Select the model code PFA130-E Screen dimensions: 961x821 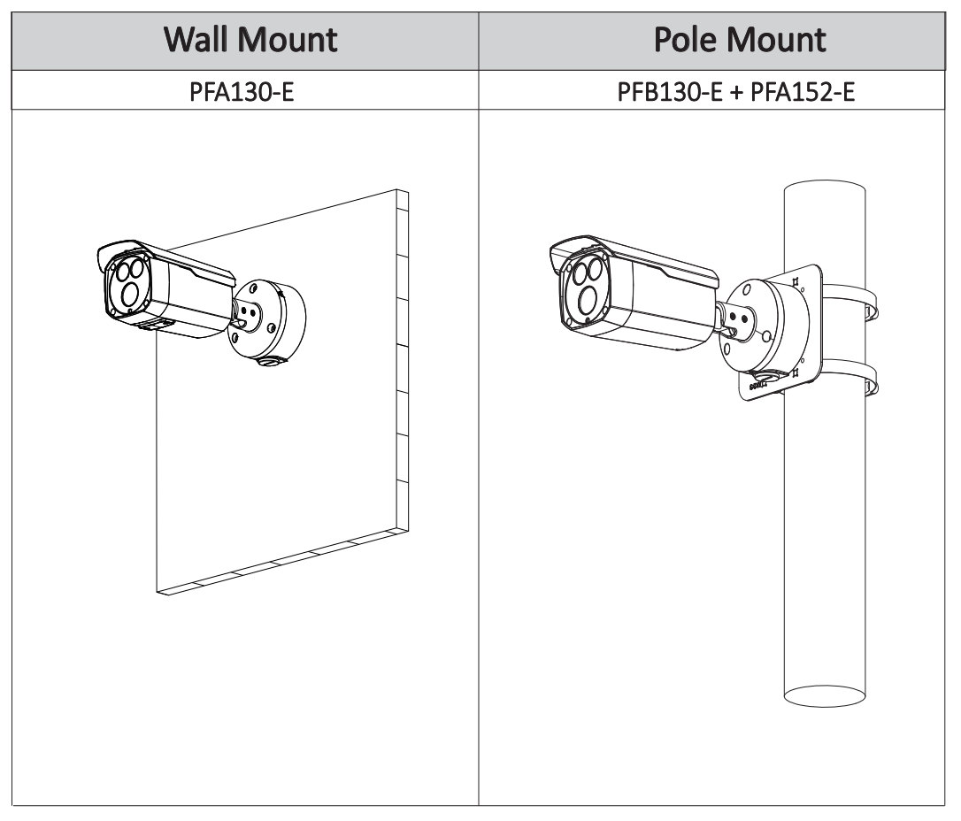[242, 92]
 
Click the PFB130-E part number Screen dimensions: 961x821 [670, 92]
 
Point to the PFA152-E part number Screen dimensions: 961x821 [803, 92]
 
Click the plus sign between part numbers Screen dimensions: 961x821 [737, 93]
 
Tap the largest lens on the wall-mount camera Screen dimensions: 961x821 [131, 295]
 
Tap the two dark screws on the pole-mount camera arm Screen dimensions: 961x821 [738, 318]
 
